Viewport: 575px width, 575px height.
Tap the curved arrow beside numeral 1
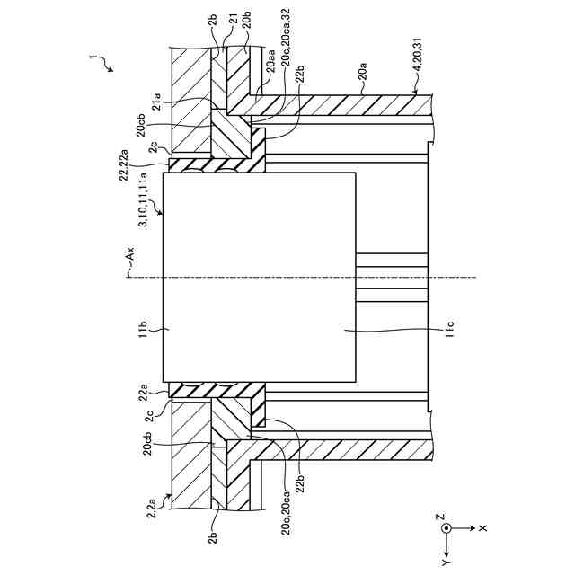pos(108,65)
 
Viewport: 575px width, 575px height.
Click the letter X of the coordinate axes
pos(482,528)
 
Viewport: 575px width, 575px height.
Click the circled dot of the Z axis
pos(446,528)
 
